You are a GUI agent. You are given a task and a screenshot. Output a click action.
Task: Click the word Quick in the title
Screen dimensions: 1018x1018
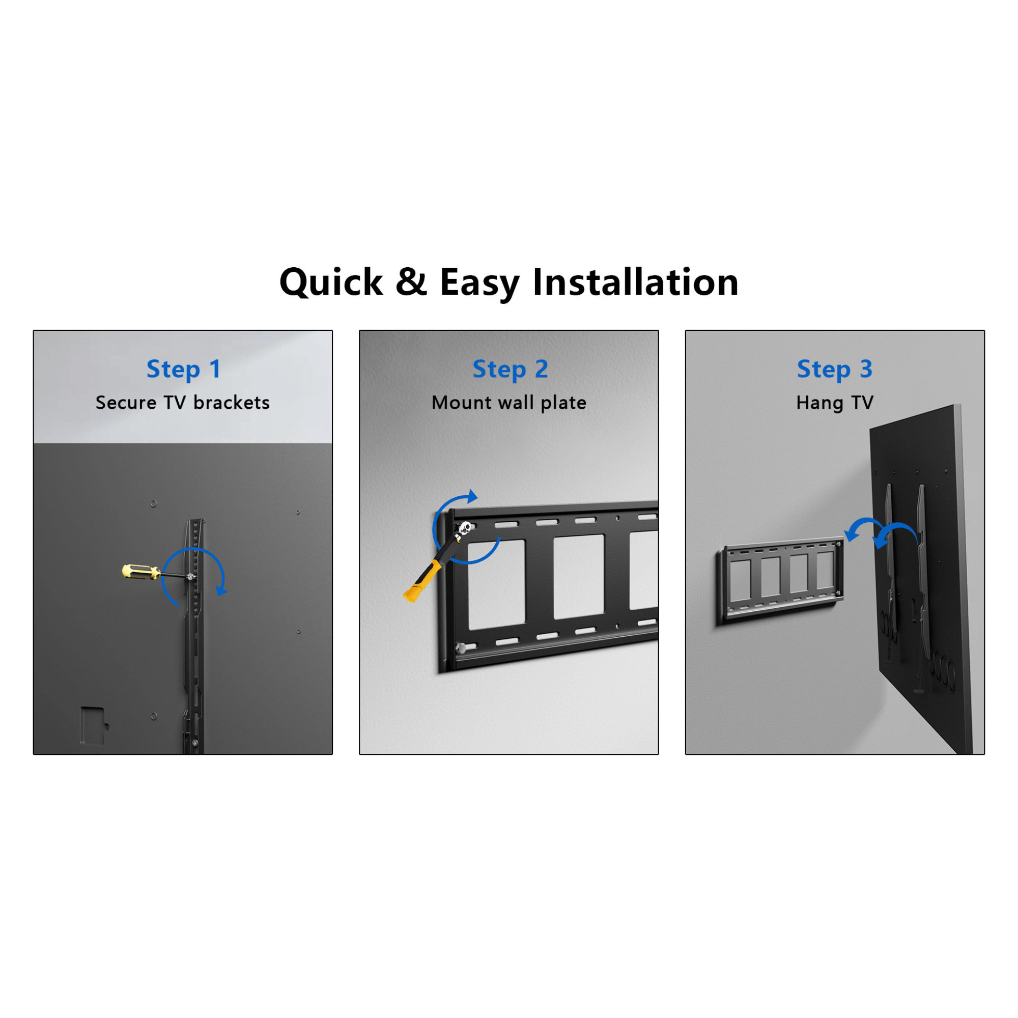pos(331,282)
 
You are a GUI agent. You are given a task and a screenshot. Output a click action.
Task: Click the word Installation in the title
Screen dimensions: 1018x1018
pos(635,282)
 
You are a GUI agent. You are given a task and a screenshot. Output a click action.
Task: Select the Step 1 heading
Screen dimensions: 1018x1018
pos(183,369)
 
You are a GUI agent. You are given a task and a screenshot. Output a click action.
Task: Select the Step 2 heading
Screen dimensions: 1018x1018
pos(510,369)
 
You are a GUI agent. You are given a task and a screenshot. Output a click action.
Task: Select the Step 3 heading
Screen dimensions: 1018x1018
pos(835,369)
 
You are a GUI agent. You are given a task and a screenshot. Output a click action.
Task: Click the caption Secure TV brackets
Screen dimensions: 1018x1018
pos(182,403)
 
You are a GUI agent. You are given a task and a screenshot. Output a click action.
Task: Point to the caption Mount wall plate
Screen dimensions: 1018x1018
pos(509,403)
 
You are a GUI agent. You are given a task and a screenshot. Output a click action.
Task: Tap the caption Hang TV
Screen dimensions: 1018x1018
pos(835,403)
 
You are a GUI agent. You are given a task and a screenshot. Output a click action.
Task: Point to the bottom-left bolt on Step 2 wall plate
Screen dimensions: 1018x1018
pos(461,648)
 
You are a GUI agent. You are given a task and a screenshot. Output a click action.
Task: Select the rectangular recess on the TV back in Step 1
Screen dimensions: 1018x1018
pos(93,725)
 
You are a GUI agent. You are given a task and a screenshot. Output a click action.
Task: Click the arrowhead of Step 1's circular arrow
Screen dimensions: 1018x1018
pos(222,590)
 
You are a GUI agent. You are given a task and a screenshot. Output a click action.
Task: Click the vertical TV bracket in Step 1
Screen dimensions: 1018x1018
pos(193,632)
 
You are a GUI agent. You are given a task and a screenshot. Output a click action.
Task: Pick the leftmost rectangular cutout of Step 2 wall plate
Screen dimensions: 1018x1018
pos(496,584)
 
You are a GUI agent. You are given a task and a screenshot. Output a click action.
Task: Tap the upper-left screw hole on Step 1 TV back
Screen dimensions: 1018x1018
pos(153,504)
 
